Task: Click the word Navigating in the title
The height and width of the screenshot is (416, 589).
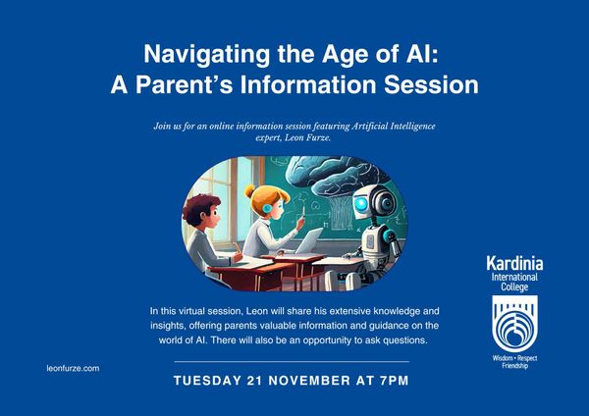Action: coord(206,55)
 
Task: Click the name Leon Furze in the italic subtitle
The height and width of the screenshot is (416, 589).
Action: coord(307,137)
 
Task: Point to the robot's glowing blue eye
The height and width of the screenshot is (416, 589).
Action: coord(361,204)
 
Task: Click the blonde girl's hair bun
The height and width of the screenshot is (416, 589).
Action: coord(249,191)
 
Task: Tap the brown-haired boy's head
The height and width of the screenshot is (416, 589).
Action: coord(201,211)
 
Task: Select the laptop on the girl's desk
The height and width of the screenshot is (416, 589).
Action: coord(308,241)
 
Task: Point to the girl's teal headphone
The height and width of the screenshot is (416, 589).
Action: coord(267,208)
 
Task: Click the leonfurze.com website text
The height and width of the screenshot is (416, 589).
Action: coord(73,368)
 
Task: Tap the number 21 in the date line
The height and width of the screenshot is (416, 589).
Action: coord(254,381)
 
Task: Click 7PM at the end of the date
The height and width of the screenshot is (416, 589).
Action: coord(394,381)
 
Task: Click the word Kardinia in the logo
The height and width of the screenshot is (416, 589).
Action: coord(514,264)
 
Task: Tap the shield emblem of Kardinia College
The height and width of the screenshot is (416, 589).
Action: coord(515,323)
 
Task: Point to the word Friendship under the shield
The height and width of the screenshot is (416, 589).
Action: coord(515,366)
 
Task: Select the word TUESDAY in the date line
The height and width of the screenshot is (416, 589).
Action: coord(207,381)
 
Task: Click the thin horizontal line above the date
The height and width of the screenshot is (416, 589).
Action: coord(292,362)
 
